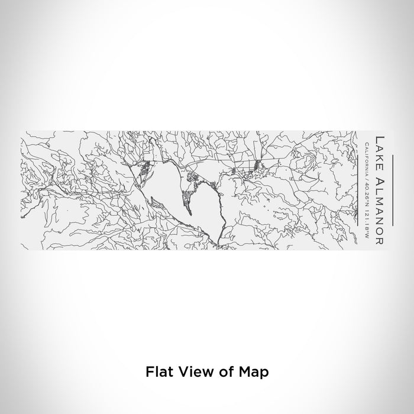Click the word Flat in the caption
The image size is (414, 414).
156,372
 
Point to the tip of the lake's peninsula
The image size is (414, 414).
190,214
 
